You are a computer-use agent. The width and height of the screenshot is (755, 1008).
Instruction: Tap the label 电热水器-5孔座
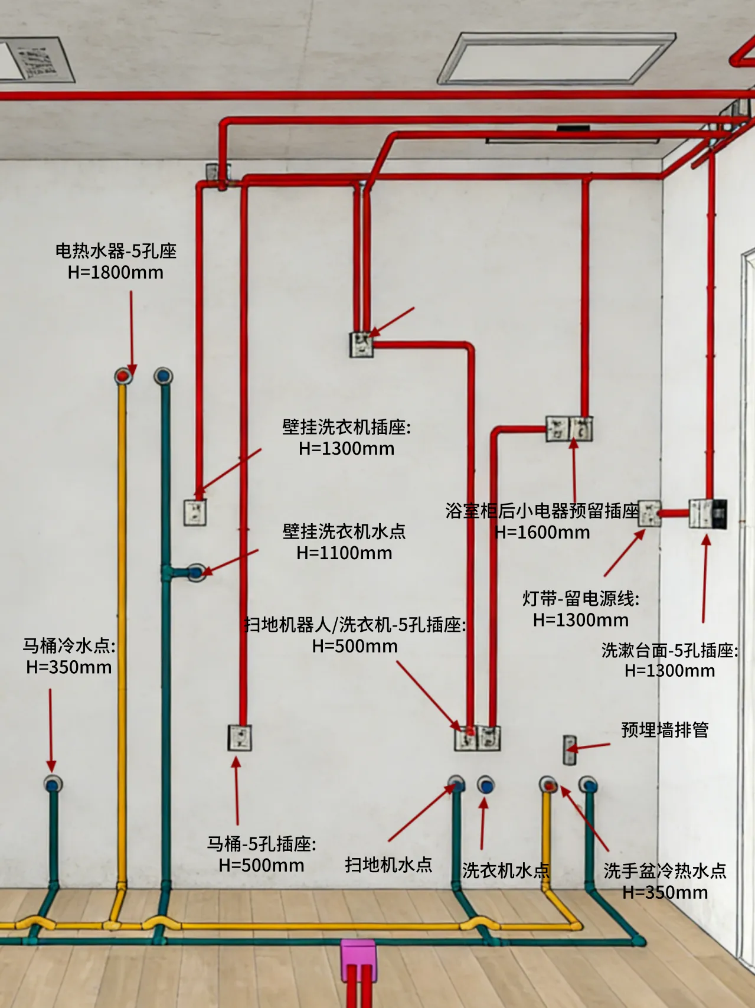(116, 251)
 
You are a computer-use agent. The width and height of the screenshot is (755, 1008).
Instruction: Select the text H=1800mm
(116, 272)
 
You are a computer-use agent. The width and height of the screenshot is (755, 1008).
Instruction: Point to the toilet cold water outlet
(53, 785)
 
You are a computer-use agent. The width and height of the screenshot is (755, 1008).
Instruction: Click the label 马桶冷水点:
(69, 645)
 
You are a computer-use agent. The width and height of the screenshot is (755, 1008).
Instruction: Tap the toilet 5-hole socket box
(240, 738)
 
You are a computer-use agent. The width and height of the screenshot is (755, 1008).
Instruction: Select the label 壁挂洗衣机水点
(344, 531)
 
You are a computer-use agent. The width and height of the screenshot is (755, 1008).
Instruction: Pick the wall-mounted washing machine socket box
(195, 512)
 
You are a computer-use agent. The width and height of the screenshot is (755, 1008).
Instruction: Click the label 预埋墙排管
(665, 730)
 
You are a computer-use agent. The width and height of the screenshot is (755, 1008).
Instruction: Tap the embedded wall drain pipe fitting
(569, 750)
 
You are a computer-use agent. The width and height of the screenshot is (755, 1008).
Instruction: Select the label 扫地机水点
(388, 865)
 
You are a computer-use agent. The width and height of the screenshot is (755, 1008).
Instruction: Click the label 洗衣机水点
(505, 870)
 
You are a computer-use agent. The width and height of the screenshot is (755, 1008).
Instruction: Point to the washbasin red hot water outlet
(549, 785)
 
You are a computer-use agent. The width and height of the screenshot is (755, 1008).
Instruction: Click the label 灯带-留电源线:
(581, 599)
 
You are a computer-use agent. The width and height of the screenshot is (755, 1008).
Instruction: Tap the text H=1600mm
(542, 532)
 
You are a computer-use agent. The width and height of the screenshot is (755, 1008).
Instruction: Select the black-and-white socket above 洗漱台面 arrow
(708, 514)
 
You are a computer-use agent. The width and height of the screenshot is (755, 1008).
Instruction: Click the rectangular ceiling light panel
(556, 57)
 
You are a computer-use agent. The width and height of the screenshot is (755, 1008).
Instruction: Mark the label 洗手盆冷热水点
(665, 870)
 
